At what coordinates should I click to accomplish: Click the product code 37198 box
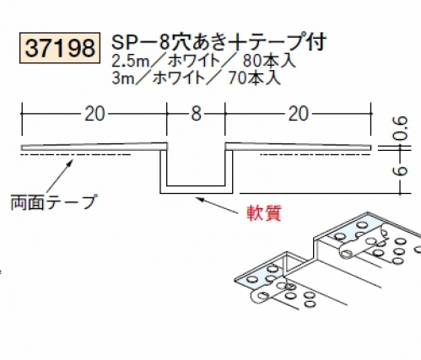tap(60, 48)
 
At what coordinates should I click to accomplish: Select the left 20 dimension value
tap(94, 114)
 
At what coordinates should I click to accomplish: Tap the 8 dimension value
tap(196, 114)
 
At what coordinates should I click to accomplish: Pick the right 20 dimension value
tap(299, 114)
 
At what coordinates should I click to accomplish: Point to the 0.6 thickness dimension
tap(401, 129)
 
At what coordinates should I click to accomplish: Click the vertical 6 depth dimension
tap(401, 171)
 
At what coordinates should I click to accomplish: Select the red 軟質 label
tap(264, 213)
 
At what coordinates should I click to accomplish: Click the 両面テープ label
tap(53, 202)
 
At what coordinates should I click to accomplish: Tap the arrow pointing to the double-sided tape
tap(60, 176)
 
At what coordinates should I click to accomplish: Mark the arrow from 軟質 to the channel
tap(217, 206)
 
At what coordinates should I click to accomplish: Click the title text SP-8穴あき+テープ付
tap(219, 43)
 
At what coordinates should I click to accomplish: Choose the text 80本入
tap(269, 61)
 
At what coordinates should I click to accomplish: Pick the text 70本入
tap(254, 78)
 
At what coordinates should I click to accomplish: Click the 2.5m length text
tap(130, 62)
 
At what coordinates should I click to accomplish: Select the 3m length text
tap(123, 78)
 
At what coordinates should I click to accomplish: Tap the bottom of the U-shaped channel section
tap(197, 190)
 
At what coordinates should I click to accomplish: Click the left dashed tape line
tap(76, 154)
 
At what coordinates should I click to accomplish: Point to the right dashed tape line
tap(315, 154)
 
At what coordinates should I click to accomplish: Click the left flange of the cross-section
tap(94, 147)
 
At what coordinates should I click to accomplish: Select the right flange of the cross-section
tap(298, 147)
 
